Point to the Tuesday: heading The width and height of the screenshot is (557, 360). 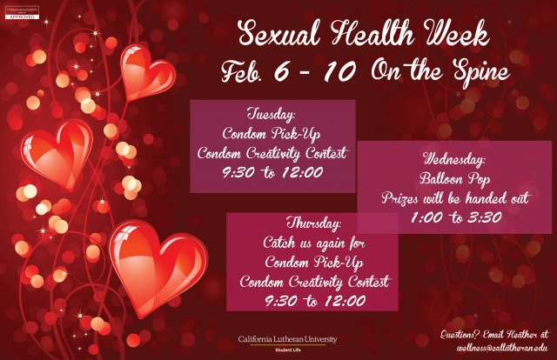coord(272,115)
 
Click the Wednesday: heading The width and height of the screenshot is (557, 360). coord(454,160)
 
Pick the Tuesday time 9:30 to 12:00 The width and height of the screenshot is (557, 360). coord(272,172)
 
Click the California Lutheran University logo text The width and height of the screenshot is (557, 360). coord(287,339)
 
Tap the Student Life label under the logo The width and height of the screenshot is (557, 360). coord(287,350)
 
